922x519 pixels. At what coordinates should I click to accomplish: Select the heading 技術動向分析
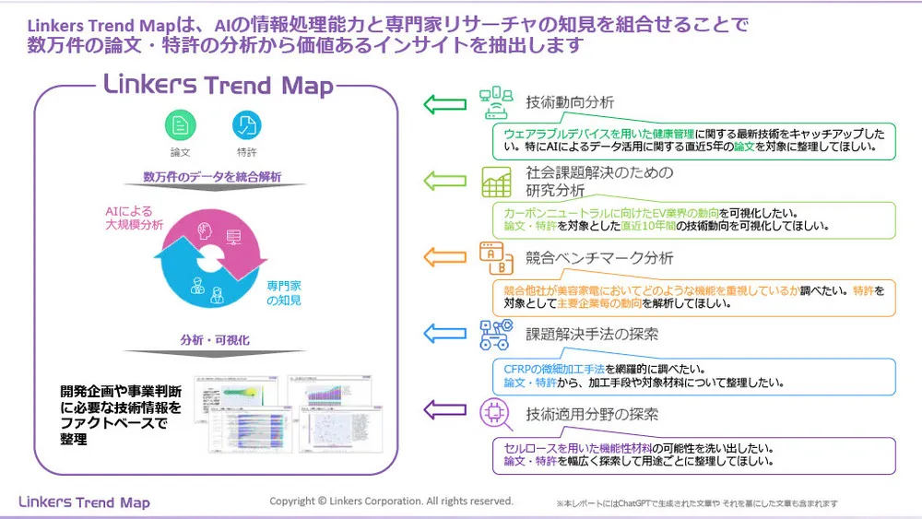point(569,102)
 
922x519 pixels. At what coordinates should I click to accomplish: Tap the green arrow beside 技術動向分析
point(444,103)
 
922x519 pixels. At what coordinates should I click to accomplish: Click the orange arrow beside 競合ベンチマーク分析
point(444,256)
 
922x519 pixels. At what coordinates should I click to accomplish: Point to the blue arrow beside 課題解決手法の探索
point(444,333)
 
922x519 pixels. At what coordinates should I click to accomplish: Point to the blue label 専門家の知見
point(284,293)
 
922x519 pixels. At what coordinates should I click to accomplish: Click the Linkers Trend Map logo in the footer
point(84,501)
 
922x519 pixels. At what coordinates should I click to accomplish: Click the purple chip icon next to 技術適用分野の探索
point(496,414)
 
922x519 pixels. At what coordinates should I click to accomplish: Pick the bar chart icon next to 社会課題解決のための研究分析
point(496,181)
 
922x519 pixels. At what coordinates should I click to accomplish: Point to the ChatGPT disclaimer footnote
point(696,504)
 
